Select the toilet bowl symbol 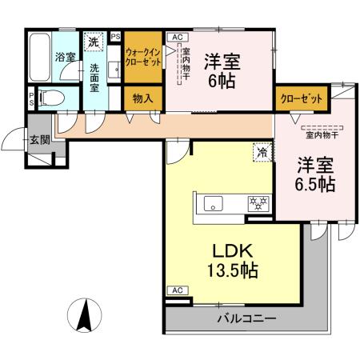pyautogui.click(x=50, y=99)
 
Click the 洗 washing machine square pyautogui.click(x=94, y=42)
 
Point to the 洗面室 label pyautogui.click(x=94, y=78)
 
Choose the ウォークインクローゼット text pyautogui.click(x=143, y=57)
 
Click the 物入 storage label pyautogui.click(x=143, y=98)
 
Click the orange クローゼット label pyautogui.click(x=302, y=98)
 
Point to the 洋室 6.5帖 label pyautogui.click(x=312, y=174)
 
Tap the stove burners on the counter pyautogui.click(x=257, y=202)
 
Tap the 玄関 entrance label pyautogui.click(x=39, y=138)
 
